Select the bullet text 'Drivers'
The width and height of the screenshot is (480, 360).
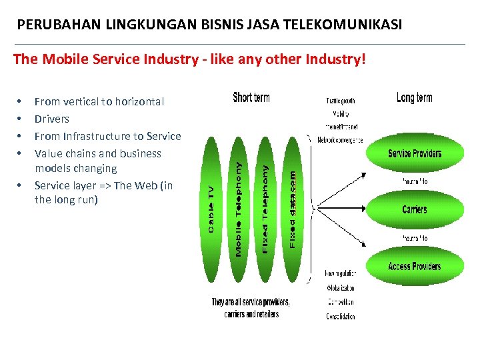click(52, 119)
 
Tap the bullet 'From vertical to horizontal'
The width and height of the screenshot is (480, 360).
click(99, 101)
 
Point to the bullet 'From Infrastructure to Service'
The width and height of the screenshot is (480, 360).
click(107, 136)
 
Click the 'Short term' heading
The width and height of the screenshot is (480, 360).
click(251, 98)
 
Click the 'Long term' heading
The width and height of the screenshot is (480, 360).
click(414, 98)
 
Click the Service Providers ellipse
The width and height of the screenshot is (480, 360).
click(414, 154)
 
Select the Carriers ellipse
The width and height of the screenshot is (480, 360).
click(414, 209)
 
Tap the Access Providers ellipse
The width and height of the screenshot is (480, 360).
click(414, 266)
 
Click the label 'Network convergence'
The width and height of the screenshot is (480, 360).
click(340, 140)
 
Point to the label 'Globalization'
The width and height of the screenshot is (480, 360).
click(340, 288)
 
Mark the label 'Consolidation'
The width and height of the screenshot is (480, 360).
click(340, 317)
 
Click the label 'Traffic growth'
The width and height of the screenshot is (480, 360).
click(340, 101)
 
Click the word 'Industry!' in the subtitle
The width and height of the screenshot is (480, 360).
click(339, 59)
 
